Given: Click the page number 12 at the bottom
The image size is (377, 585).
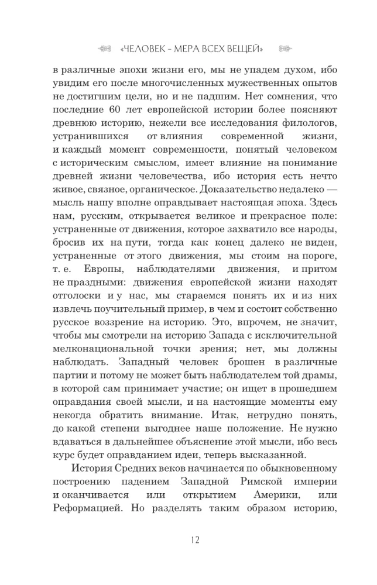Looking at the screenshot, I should (188, 539).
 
